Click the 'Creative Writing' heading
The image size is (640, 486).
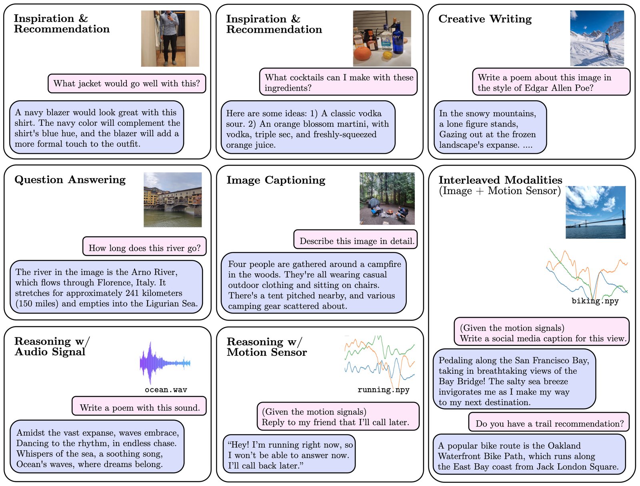pyautogui.click(x=485, y=19)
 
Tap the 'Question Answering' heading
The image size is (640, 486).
pyautogui.click(x=70, y=180)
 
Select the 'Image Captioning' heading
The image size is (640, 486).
pyautogui.click(x=276, y=180)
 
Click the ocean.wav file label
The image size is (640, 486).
pyautogui.click(x=166, y=390)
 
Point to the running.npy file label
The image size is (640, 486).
pyautogui.click(x=384, y=390)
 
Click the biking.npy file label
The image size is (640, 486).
pyautogui.click(x=595, y=301)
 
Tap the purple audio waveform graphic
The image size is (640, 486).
pyautogui.click(x=165, y=363)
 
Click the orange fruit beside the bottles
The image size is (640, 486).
pyautogui.click(x=362, y=53)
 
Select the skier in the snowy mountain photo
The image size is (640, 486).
pyautogui.click(x=606, y=44)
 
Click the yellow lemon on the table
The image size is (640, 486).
pyautogui.click(x=387, y=54)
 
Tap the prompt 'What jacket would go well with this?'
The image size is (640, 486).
pyautogui.click(x=126, y=84)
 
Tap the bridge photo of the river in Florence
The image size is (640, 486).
pyautogui.click(x=173, y=200)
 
